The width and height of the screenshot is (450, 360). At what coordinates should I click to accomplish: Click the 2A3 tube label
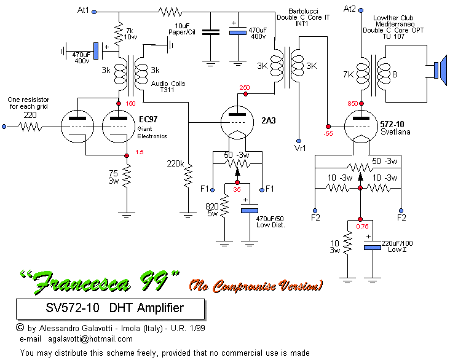point(267,120)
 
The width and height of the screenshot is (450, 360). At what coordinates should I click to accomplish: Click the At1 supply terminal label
point(84,11)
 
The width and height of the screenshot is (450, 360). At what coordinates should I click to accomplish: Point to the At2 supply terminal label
point(349,9)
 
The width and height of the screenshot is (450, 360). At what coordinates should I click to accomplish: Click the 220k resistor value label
point(176,164)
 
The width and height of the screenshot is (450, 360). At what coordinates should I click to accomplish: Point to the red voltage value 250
point(245,87)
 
